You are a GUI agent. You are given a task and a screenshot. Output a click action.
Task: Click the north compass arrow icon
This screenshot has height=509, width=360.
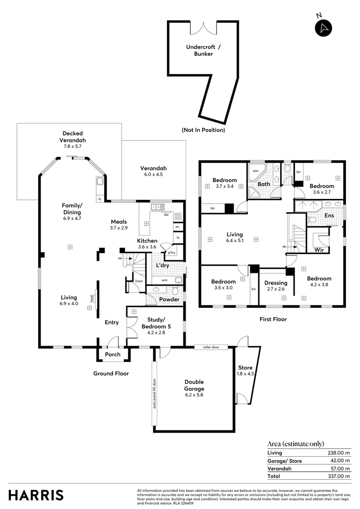pyautogui.click(x=323, y=28)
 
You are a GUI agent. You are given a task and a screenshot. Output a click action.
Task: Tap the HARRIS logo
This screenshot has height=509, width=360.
pyautogui.click(x=36, y=495)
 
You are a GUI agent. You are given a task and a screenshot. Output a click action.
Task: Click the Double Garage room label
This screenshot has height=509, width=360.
pyautogui.click(x=194, y=386)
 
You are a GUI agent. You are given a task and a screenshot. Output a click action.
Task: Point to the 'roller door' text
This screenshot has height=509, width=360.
pyautogui.click(x=211, y=347)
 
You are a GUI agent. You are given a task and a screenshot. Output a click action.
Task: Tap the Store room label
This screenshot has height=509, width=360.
pyautogui.click(x=245, y=371)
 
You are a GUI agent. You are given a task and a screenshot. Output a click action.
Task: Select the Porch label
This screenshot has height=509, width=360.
pyautogui.click(x=113, y=354)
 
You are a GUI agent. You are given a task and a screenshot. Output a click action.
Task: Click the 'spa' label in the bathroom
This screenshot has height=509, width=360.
pyautogui.click(x=255, y=171)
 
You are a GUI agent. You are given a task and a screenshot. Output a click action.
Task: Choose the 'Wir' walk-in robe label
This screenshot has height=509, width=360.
pyautogui.click(x=319, y=250)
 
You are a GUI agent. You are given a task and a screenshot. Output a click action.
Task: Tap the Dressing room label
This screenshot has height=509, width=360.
pyautogui.click(x=276, y=286)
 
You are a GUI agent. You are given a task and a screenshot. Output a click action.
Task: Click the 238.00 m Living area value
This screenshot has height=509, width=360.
pyautogui.click(x=339, y=453)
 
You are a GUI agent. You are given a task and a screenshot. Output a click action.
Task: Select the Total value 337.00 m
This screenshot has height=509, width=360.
pyautogui.click(x=339, y=476)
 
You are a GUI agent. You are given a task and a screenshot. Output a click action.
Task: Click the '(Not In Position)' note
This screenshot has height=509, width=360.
pyautogui.click(x=203, y=130)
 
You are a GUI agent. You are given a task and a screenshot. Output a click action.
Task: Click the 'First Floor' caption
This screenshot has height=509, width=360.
pyautogui.click(x=273, y=319)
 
